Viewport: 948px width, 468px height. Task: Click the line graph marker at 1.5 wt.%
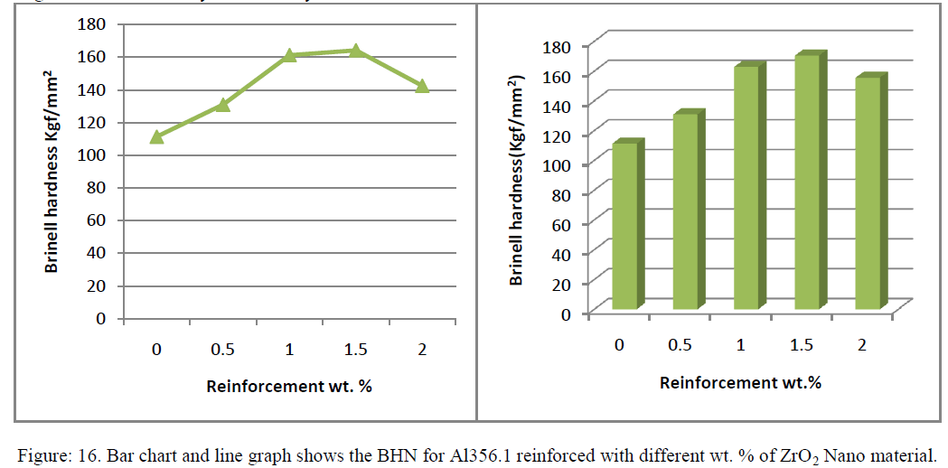356,51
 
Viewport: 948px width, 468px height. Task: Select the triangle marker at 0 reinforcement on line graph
156,136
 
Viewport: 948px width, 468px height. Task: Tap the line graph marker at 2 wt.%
422,86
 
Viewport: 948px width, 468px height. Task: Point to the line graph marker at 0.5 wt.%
223,105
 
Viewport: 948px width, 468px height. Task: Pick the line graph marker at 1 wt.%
289,55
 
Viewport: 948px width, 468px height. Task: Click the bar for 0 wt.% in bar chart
626,226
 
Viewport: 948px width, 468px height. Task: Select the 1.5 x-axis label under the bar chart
801,344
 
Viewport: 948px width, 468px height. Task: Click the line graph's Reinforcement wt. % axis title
289,386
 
